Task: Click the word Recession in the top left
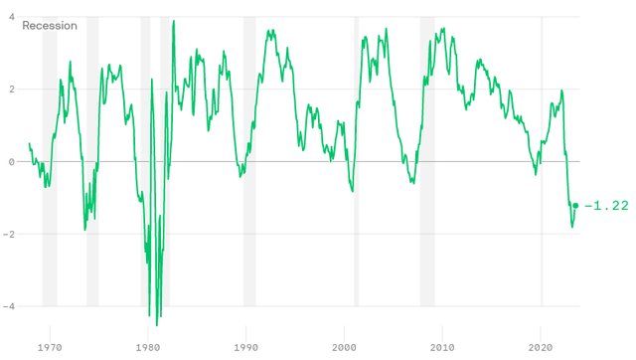coord(50,25)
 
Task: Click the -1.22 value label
coord(606,206)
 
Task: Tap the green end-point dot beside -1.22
coord(575,206)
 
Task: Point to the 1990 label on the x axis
coord(246,348)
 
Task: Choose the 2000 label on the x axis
coord(345,348)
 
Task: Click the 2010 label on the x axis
coord(443,348)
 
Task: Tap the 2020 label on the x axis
coord(542,348)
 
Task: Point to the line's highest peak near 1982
coord(174,21)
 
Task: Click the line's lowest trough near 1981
coord(157,324)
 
